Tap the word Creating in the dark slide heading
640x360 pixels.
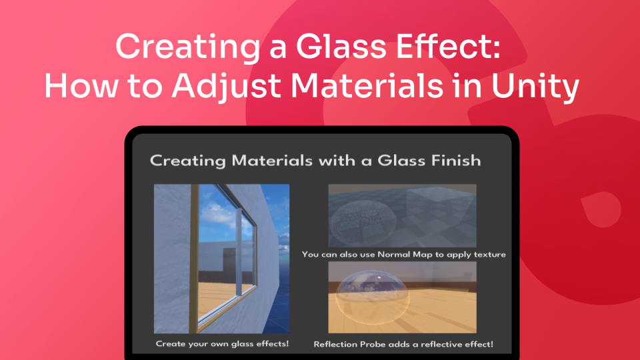coord(187,161)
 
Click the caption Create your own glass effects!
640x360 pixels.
coord(221,344)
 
